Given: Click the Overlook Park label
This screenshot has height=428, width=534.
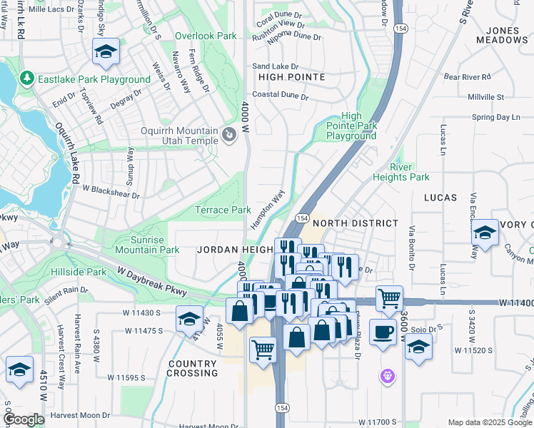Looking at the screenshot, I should [x=206, y=36].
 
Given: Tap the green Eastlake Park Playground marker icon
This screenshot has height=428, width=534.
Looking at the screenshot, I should [x=27, y=77].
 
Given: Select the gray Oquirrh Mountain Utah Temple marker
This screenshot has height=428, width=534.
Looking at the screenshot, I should [x=229, y=134].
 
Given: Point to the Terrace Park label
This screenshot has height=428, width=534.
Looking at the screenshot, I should [x=223, y=210].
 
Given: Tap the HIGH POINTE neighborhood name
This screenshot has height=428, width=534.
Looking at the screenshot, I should [x=291, y=76].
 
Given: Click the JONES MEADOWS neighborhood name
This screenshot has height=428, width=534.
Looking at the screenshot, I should [x=507, y=35].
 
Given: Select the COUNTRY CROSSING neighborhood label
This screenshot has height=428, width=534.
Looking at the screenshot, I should [x=192, y=368].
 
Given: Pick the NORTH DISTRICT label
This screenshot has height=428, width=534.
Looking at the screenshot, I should [x=356, y=223].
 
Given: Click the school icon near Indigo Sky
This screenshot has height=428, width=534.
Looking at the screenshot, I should [x=106, y=51].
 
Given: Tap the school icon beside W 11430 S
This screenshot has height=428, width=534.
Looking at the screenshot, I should [x=189, y=317].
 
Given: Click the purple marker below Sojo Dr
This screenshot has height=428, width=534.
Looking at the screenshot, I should [x=388, y=374].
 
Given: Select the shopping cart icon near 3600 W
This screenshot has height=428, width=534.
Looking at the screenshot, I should [x=388, y=298].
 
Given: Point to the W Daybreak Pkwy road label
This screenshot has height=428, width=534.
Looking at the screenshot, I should [x=153, y=282].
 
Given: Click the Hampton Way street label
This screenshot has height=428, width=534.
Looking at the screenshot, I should [x=268, y=209].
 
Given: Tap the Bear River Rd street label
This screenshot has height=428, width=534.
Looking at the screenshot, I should [x=467, y=76].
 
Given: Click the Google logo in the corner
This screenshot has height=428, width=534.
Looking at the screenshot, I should [x=23, y=419].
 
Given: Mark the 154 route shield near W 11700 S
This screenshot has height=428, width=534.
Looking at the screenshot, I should [x=279, y=404].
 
